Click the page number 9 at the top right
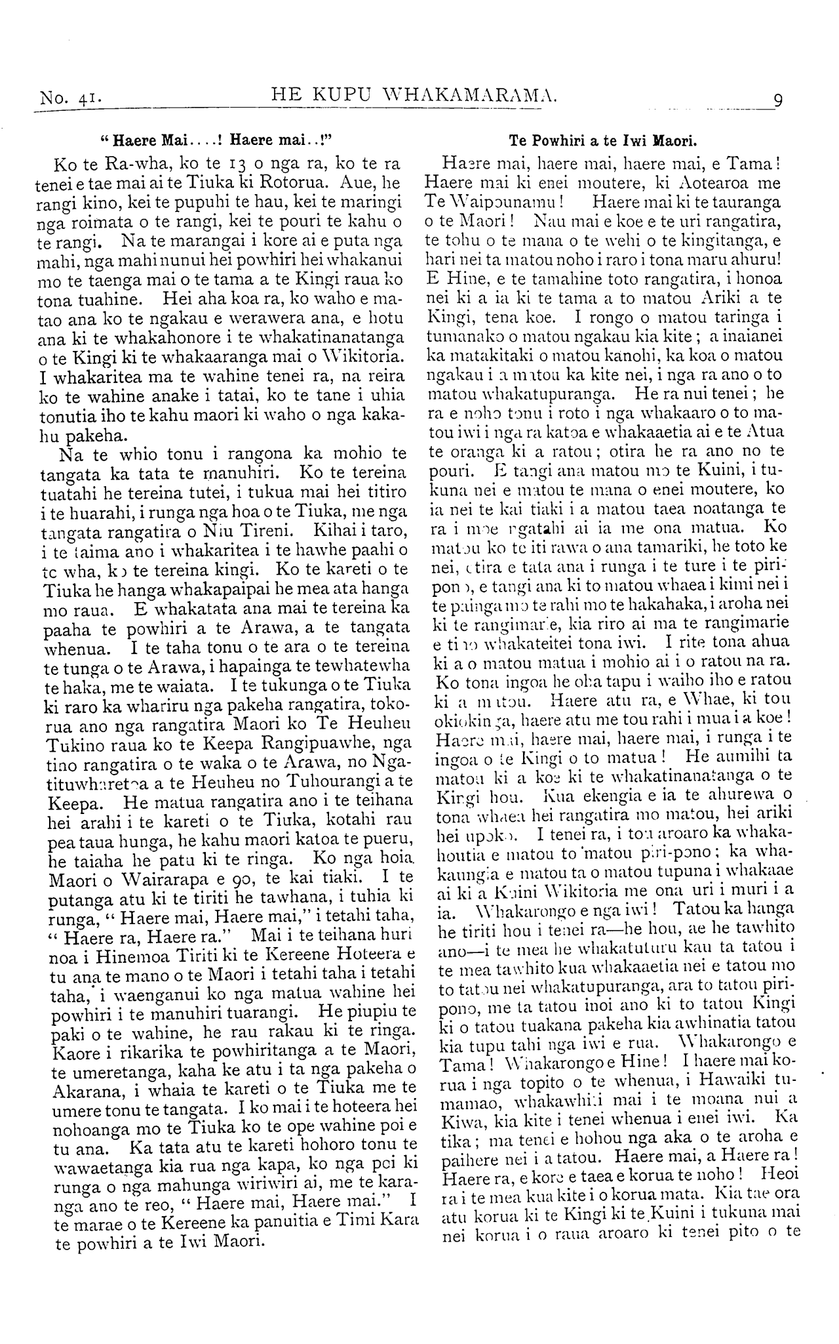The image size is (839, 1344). [778, 100]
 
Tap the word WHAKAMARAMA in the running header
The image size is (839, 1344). [469, 97]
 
